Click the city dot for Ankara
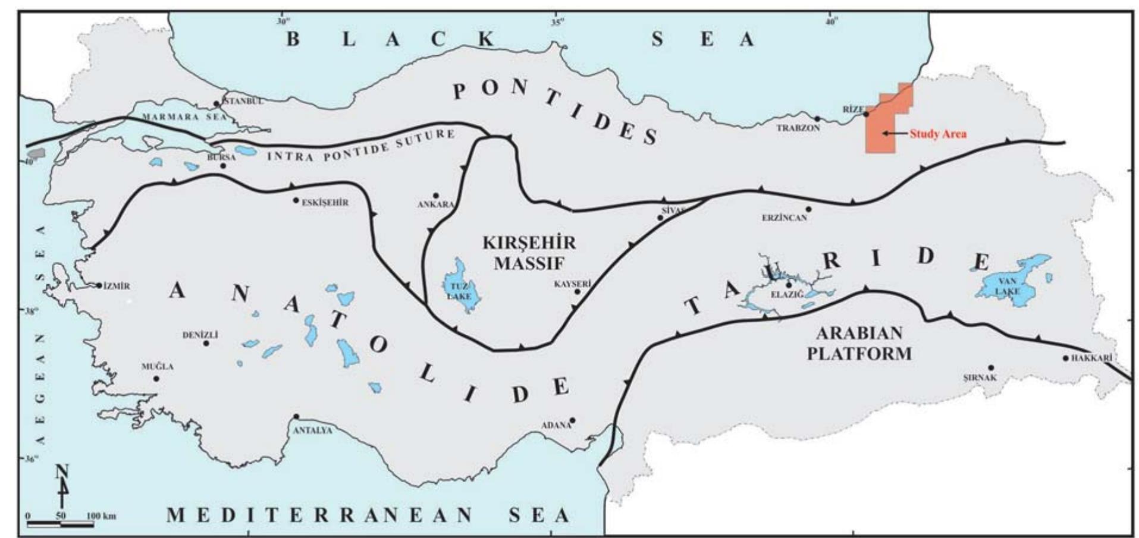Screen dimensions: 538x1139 coord(435,195)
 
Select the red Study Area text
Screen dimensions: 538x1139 coord(937,134)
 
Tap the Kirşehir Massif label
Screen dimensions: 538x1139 coord(529,252)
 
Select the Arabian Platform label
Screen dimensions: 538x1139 coord(859,343)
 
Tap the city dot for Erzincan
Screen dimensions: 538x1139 coord(808,209)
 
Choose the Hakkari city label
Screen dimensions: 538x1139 coord(1091,358)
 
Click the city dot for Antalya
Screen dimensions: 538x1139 coord(296,417)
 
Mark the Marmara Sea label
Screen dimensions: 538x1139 coord(185,117)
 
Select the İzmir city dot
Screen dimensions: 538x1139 coord(99,285)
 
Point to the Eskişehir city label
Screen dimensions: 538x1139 coord(325,203)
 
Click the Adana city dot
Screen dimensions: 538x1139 coord(572,420)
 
